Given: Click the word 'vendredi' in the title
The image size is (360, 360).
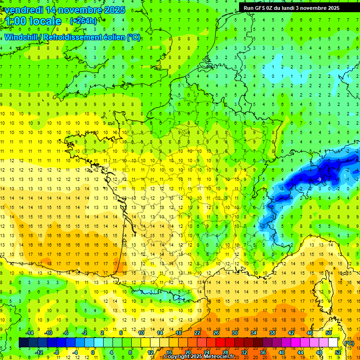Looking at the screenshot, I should [x=24, y=10].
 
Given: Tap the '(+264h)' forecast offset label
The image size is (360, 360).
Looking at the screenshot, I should [x=83, y=21].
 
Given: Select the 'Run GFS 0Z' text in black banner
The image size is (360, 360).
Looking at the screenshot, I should [x=258, y=8].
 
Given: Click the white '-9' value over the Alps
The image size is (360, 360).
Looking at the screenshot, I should [x=319, y=179].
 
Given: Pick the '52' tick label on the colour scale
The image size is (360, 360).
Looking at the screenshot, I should [x=338, y=352].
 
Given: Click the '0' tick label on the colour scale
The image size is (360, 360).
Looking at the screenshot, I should [x=93, y=352].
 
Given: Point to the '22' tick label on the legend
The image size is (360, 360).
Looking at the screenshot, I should [x=197, y=333].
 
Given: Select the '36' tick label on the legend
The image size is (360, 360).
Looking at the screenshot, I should [x=263, y=352].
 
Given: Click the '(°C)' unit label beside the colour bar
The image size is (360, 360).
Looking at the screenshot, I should [x=349, y=343].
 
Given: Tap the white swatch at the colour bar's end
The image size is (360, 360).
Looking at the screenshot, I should [x=333, y=343].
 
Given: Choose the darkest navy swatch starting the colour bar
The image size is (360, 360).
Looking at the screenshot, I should [x=24, y=343].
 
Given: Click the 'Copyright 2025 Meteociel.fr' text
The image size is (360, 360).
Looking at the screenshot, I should [x=199, y=357].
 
